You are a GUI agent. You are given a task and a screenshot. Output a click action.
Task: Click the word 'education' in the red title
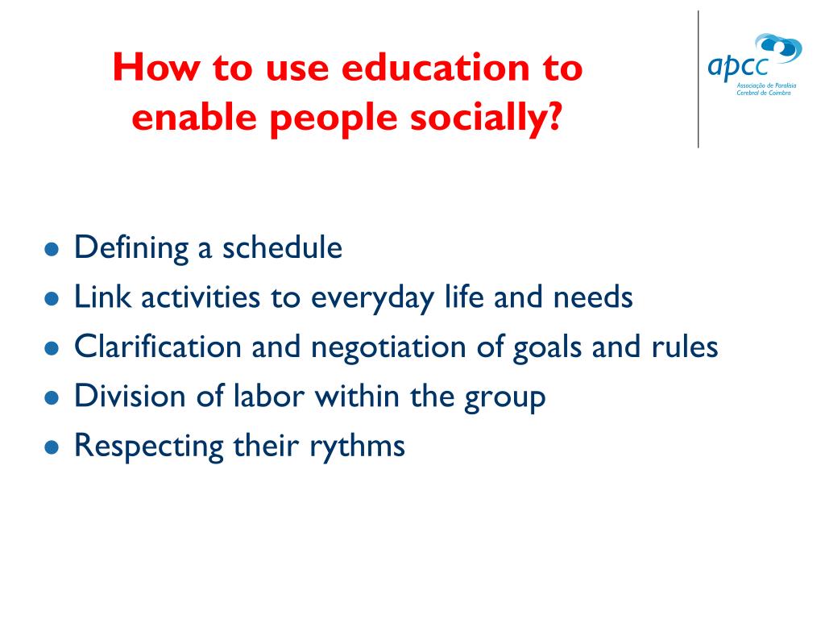436,68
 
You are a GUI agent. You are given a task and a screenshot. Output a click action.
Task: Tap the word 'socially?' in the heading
486,118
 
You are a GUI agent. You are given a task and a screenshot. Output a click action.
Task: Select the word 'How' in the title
156,68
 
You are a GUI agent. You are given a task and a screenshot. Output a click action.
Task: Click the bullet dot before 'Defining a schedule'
52,249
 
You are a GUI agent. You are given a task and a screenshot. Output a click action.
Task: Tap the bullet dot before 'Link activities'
52,299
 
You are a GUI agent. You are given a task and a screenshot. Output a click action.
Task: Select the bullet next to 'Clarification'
52,348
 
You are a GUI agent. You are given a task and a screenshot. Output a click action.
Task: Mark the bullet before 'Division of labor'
52,398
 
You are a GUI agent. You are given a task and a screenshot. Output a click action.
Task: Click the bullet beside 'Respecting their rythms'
52,447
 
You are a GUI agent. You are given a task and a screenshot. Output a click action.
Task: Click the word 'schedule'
282,247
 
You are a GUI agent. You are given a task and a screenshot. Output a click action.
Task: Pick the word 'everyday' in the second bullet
372,299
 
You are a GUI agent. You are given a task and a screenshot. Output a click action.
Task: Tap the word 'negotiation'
388,348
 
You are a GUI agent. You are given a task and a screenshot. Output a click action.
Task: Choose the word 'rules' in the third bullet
685,347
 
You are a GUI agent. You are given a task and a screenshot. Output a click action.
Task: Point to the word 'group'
504,398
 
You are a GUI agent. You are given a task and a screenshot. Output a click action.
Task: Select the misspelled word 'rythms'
357,447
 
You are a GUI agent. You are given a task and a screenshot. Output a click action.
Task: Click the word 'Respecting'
149,447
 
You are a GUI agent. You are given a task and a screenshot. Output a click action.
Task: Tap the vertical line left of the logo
699,79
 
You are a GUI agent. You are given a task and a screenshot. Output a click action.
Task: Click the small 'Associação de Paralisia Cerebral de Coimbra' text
766,89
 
